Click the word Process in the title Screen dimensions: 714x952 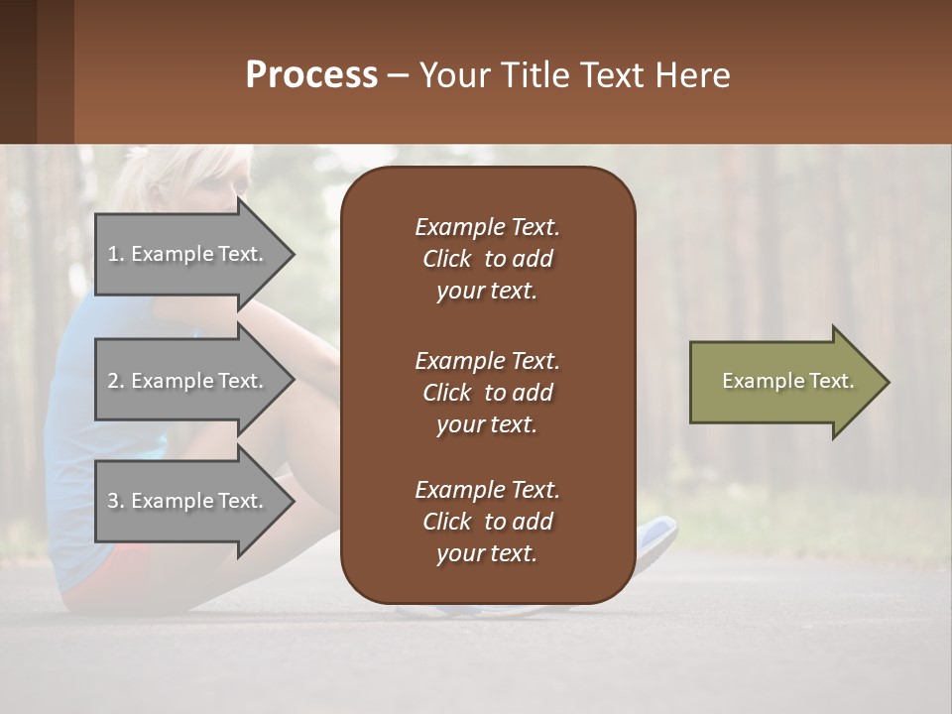[311, 75]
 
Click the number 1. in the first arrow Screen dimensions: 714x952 [116, 254]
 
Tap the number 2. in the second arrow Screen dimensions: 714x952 [116, 381]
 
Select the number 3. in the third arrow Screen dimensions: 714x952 [116, 501]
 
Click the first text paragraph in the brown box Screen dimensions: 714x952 [487, 259]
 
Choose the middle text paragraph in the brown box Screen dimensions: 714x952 [487, 393]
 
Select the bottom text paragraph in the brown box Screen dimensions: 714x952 [487, 522]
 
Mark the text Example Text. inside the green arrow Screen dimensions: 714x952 [788, 382]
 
